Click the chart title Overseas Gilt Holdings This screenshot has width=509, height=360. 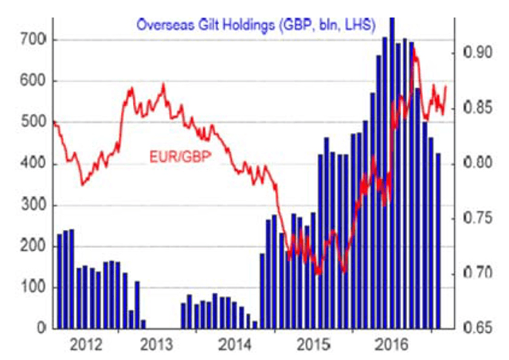coord(256,24)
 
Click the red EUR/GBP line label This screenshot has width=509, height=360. coord(179,156)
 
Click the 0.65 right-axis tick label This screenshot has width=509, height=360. coord(474,328)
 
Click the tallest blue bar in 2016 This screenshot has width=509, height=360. coord(391,175)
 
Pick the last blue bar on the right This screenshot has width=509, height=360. coord(437,239)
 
